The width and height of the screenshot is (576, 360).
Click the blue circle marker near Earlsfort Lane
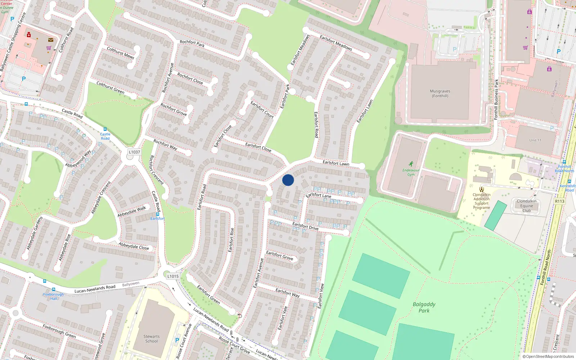click(x=288, y=180)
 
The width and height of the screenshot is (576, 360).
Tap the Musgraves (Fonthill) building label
click(x=440, y=94)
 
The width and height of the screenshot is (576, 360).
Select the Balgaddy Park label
click(x=424, y=307)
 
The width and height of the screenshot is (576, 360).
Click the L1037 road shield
click(x=134, y=152)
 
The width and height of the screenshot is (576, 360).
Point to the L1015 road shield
click(x=173, y=276)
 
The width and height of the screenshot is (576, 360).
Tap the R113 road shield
click(x=559, y=201)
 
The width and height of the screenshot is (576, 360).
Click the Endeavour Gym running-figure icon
click(x=411, y=164)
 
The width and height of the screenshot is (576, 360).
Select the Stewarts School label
click(x=152, y=339)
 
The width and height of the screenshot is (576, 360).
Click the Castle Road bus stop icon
click(x=105, y=129)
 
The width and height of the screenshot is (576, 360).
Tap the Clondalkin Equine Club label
click(x=526, y=206)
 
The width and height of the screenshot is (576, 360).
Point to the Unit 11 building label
click(x=535, y=140)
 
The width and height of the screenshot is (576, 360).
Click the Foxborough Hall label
click(x=53, y=296)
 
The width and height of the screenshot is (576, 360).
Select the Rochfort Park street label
click(x=192, y=44)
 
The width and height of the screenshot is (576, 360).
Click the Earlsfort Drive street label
click(x=305, y=226)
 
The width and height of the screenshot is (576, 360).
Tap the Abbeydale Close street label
click(x=134, y=246)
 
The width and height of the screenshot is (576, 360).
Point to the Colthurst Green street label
click(x=110, y=87)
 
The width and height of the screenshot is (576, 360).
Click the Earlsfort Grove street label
click(x=279, y=256)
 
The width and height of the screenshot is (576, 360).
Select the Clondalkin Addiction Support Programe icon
click(x=481, y=189)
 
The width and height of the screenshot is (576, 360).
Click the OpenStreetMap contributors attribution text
click(x=548, y=356)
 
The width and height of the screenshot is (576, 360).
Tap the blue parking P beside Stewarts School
click(x=177, y=340)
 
